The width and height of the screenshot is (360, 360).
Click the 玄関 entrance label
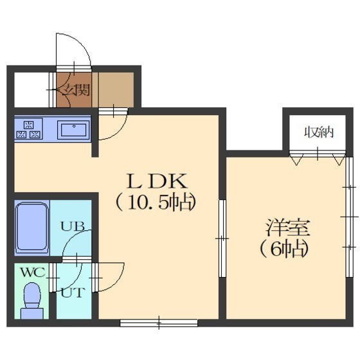click(76, 90)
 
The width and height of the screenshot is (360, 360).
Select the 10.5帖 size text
click(156, 203)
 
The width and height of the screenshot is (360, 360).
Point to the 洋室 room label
click(288, 228)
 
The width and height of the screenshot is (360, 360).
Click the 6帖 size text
click(284, 249)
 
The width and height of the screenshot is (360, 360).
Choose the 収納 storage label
click(319, 132)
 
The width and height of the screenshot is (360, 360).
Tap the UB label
click(73, 226)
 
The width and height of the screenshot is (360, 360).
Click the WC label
click(33, 273)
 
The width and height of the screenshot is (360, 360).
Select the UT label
click(71, 293)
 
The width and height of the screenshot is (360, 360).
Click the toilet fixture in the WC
click(32, 301)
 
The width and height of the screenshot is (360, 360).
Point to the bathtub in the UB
click(32, 227)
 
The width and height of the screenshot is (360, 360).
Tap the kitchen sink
click(73, 130)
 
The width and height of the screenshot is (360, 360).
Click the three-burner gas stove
click(29, 129)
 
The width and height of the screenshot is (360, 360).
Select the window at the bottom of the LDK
click(159, 323)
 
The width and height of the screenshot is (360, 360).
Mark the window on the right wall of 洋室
click(349, 217)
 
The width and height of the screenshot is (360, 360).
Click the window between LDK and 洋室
click(222, 239)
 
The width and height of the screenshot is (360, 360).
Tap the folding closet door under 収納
click(318, 157)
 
